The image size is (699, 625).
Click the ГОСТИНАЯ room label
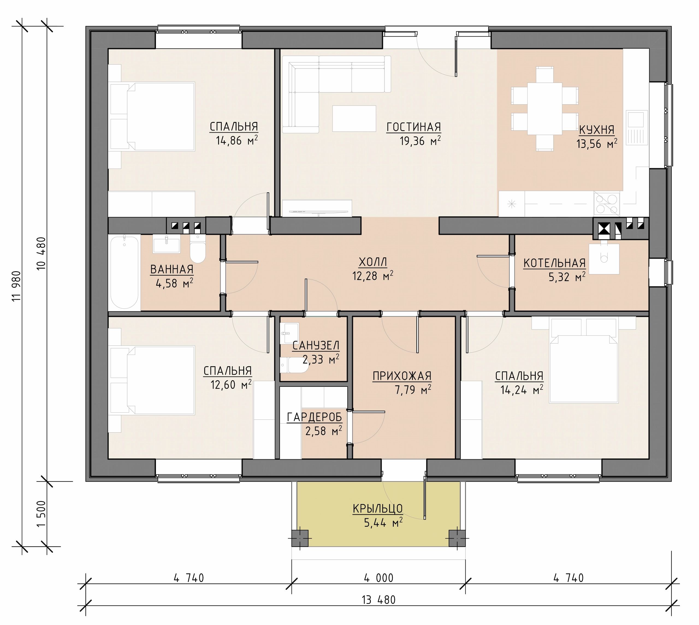tap(414, 127)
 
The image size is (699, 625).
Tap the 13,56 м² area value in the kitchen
tap(597, 144)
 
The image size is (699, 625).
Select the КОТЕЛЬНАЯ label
tap(554, 263)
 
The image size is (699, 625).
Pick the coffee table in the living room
tap(354, 118)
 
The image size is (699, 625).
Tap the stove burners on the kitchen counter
tap(607, 204)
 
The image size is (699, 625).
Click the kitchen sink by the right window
tap(636, 127)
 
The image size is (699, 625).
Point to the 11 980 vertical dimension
tap(16, 286)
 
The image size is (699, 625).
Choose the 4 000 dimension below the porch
tap(378, 578)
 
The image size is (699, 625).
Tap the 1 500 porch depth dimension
tap(41, 514)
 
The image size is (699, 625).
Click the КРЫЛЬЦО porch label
tap(378, 508)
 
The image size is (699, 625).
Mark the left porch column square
tap(300, 538)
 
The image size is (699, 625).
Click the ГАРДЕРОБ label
tap(315, 417)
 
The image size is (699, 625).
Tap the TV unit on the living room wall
tap(317, 208)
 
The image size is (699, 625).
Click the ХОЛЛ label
tap(373, 262)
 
